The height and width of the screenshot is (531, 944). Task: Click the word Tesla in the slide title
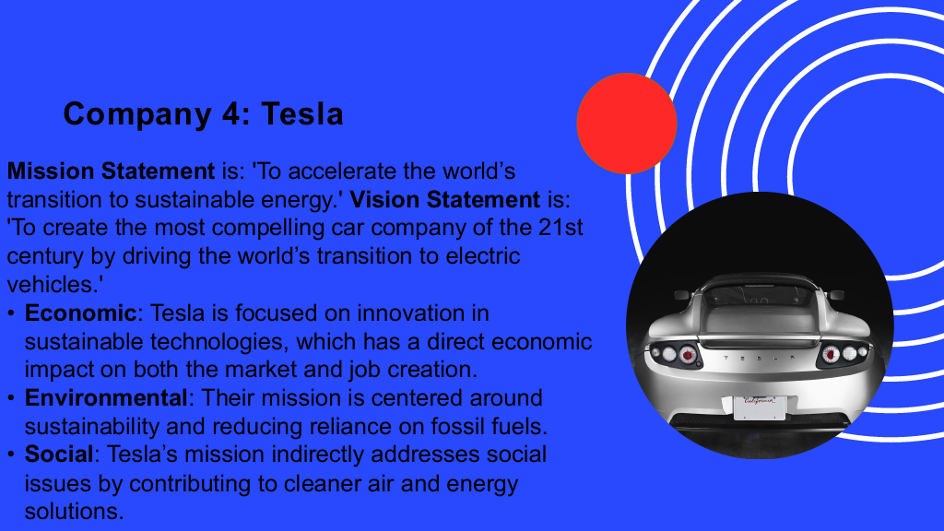(302, 113)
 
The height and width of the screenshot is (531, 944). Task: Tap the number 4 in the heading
(231, 113)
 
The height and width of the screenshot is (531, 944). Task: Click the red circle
(627, 124)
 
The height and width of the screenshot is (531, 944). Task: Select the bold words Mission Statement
(111, 171)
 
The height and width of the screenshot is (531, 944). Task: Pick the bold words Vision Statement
(445, 199)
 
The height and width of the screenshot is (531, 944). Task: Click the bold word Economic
(81, 313)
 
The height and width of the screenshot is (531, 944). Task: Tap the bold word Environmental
(106, 398)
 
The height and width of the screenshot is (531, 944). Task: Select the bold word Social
(59, 454)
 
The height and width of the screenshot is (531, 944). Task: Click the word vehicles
(52, 284)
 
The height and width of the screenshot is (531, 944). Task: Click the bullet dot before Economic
(11, 313)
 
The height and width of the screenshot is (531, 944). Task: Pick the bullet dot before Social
(11, 454)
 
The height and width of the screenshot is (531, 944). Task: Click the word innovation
(410, 313)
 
